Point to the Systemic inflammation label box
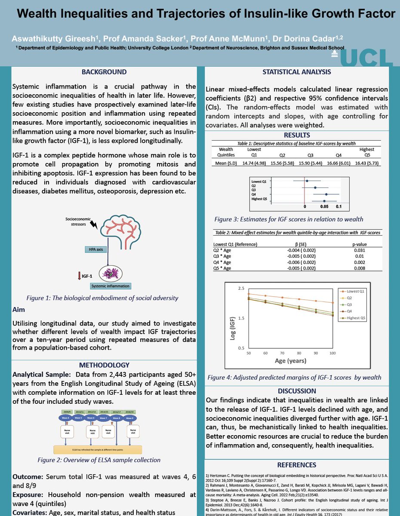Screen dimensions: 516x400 [x=110, y=286]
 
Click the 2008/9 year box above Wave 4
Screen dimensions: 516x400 [x=66, y=412]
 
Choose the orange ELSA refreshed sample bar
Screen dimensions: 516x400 [x=97, y=450]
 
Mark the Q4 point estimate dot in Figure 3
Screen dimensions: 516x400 [x=326, y=194]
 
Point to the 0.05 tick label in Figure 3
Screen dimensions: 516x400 [x=324, y=207]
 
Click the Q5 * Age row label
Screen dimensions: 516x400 [x=222, y=268]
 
